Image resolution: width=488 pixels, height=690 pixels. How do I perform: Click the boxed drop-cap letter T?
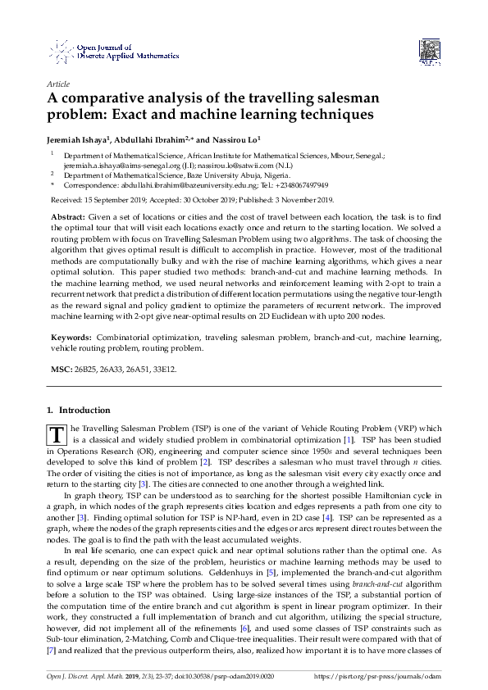pos(57,434)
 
